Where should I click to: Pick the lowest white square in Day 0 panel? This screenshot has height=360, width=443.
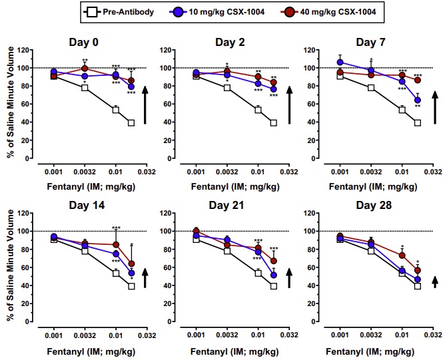(131, 122)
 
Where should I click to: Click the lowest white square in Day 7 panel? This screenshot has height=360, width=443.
(418, 122)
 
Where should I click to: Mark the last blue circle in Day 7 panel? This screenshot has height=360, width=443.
(418, 101)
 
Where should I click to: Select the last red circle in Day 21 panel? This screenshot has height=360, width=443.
(274, 261)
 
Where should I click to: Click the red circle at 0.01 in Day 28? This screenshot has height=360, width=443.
(402, 256)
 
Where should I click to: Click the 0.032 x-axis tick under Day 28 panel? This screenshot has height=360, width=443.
(433, 335)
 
